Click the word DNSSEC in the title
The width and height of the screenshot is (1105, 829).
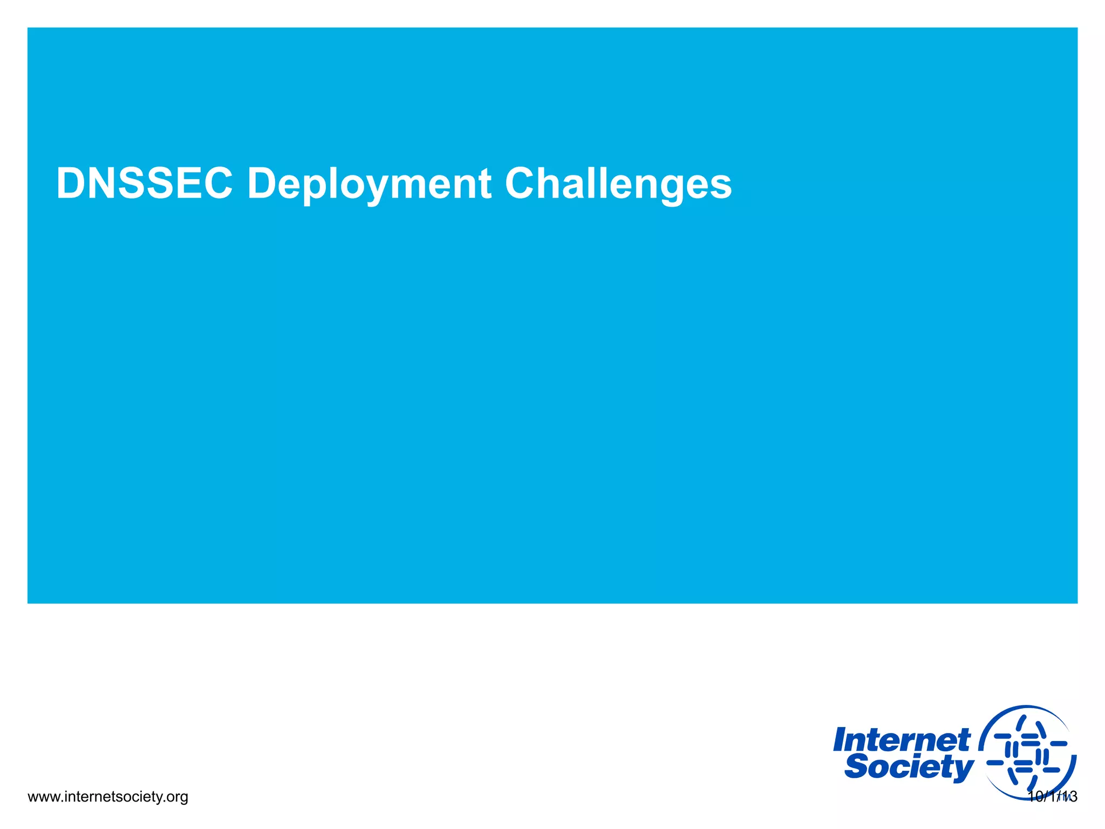(x=145, y=184)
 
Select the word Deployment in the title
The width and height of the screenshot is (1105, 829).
(x=369, y=185)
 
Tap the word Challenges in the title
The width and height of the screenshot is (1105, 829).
(x=618, y=185)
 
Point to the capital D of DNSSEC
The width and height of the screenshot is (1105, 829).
(x=70, y=184)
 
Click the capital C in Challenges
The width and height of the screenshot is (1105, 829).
(x=522, y=184)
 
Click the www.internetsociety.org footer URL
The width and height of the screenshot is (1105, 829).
(x=107, y=797)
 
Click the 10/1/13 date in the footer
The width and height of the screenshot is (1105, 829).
(x=1052, y=797)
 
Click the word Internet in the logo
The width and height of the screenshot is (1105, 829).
(x=902, y=740)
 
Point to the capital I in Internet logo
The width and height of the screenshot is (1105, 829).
(x=841, y=740)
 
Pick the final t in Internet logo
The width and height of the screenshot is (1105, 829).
(x=964, y=740)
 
